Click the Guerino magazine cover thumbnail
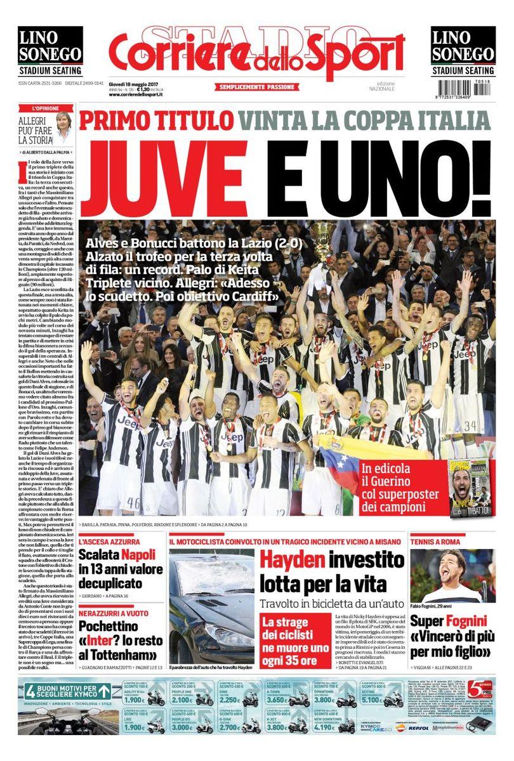click(x=471, y=487)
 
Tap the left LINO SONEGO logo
click(x=49, y=51)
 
